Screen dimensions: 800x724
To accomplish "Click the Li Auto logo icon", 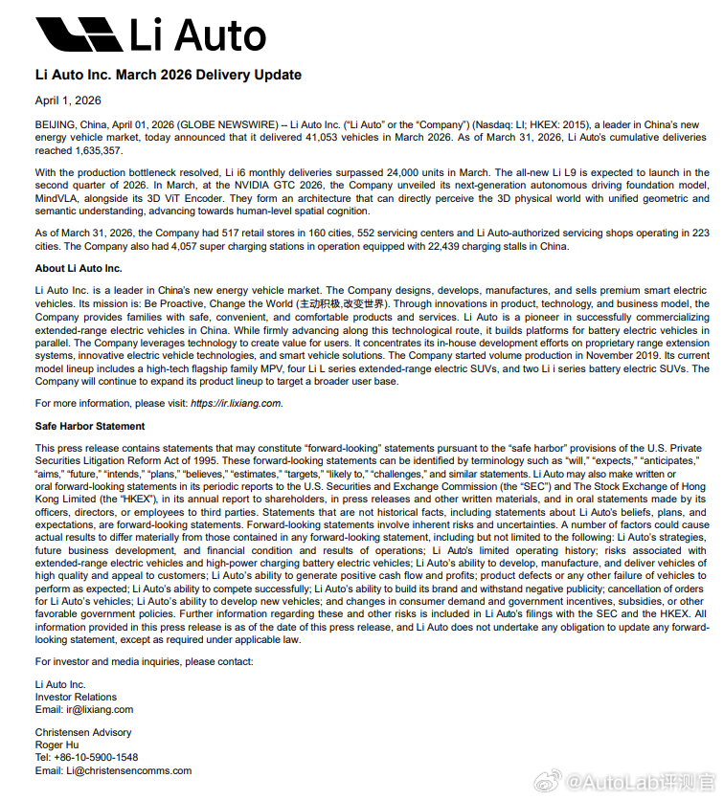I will [x=79, y=34].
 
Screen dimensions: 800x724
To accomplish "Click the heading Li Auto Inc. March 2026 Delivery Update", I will [x=169, y=75].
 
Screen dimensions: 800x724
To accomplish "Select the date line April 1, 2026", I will [x=68, y=100].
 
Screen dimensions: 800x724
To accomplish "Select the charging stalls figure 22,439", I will [x=439, y=246].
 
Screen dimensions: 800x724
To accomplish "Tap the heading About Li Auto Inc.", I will [x=79, y=269].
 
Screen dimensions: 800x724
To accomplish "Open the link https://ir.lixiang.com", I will [x=236, y=403].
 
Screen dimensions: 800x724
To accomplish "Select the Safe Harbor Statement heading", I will [x=90, y=426].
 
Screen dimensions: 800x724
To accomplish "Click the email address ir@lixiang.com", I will [x=99, y=709].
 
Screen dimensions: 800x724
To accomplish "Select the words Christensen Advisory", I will [x=83, y=732].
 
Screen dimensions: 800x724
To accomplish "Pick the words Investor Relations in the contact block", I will [x=76, y=697].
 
